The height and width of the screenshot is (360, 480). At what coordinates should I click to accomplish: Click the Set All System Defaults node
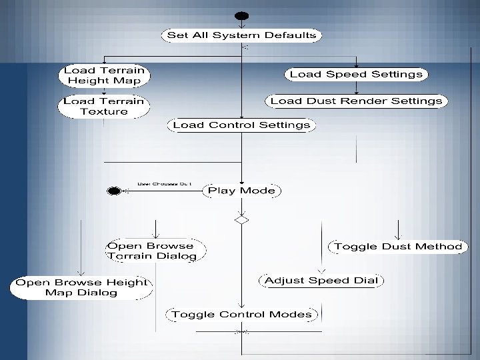click(x=241, y=35)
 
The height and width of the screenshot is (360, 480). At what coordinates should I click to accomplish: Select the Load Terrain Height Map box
click(x=104, y=75)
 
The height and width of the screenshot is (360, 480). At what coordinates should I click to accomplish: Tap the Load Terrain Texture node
click(x=103, y=107)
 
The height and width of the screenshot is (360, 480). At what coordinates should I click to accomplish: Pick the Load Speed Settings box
click(x=356, y=74)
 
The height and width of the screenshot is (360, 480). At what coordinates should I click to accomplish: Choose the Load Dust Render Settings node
click(x=356, y=101)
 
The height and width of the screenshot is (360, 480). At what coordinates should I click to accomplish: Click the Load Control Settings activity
click(x=241, y=125)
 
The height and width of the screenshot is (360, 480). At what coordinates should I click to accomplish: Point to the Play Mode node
click(x=241, y=191)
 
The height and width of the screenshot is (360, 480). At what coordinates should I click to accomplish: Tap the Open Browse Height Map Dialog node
click(x=81, y=287)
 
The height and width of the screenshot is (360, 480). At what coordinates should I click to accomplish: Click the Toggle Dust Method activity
click(x=398, y=247)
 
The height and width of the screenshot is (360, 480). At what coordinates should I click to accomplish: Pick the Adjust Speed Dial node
click(x=321, y=281)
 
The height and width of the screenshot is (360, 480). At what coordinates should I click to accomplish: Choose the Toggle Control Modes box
click(x=241, y=314)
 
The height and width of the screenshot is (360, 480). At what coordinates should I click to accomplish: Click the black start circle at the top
click(x=241, y=16)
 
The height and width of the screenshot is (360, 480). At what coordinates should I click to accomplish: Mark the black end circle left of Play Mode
click(x=114, y=191)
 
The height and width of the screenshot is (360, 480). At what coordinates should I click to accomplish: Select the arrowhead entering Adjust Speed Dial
click(x=321, y=271)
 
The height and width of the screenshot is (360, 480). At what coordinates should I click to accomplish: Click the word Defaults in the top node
click(x=290, y=35)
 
